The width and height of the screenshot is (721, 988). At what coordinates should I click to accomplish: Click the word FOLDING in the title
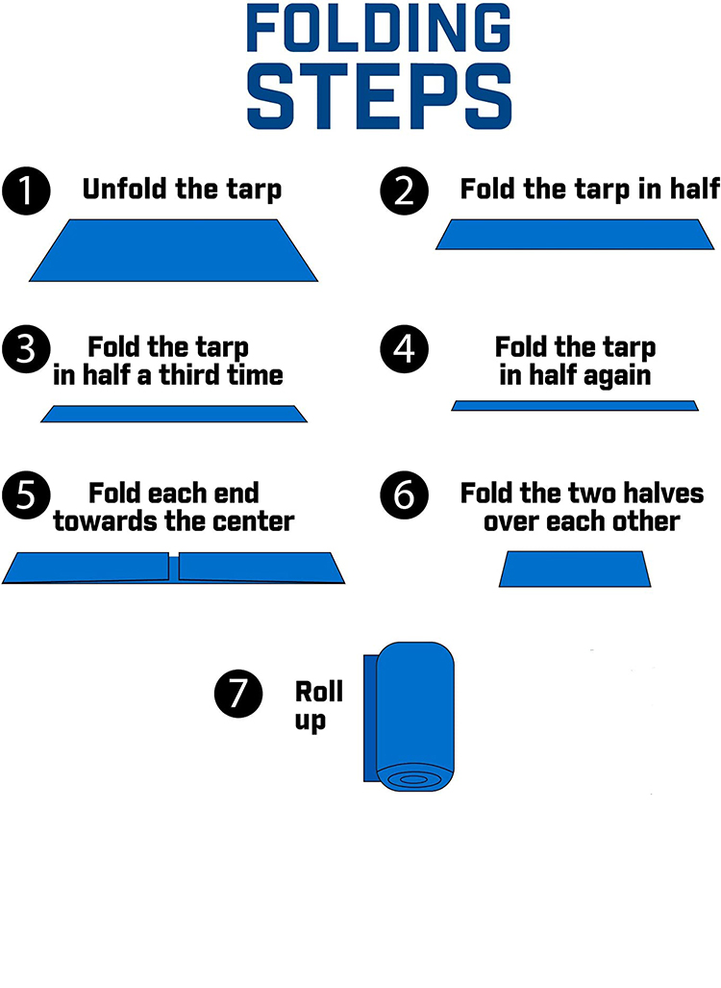click(x=379, y=28)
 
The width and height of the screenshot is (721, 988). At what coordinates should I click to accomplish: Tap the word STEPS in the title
click(x=379, y=96)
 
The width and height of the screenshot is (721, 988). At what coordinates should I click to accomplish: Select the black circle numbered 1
click(x=26, y=190)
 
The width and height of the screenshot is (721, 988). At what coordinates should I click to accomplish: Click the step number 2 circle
click(x=405, y=190)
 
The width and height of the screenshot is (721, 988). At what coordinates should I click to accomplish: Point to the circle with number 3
click(x=26, y=349)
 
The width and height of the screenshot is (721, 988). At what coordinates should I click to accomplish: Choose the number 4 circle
click(x=405, y=349)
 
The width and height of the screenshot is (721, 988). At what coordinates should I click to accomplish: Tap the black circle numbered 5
click(x=26, y=495)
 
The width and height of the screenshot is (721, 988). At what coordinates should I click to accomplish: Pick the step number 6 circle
click(x=405, y=495)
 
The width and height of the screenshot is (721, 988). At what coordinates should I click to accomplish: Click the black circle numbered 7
click(x=238, y=694)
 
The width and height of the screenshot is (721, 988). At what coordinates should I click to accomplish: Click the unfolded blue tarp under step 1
click(x=173, y=250)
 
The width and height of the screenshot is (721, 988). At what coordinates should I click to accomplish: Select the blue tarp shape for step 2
click(x=575, y=235)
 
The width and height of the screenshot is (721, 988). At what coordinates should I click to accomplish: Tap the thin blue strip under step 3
click(x=174, y=414)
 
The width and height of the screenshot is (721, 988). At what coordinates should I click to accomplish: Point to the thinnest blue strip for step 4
click(x=575, y=406)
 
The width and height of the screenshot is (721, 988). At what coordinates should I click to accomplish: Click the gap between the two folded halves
click(x=174, y=567)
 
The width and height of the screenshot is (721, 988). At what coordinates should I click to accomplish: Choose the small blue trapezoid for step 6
click(x=575, y=569)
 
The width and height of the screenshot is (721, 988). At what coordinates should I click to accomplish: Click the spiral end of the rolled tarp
click(x=414, y=779)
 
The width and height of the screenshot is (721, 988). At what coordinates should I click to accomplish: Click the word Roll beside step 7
click(x=319, y=692)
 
